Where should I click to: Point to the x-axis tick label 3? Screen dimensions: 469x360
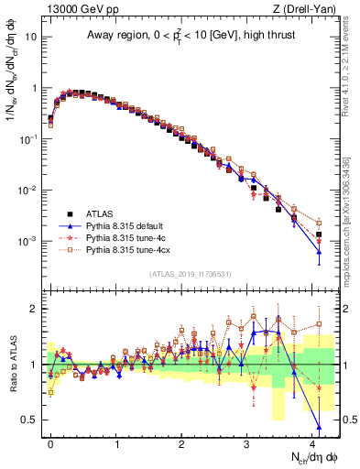247,442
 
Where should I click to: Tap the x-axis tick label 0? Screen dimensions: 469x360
51,442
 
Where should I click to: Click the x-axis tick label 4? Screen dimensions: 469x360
312,442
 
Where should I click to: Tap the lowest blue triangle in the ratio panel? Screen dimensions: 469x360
319,427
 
